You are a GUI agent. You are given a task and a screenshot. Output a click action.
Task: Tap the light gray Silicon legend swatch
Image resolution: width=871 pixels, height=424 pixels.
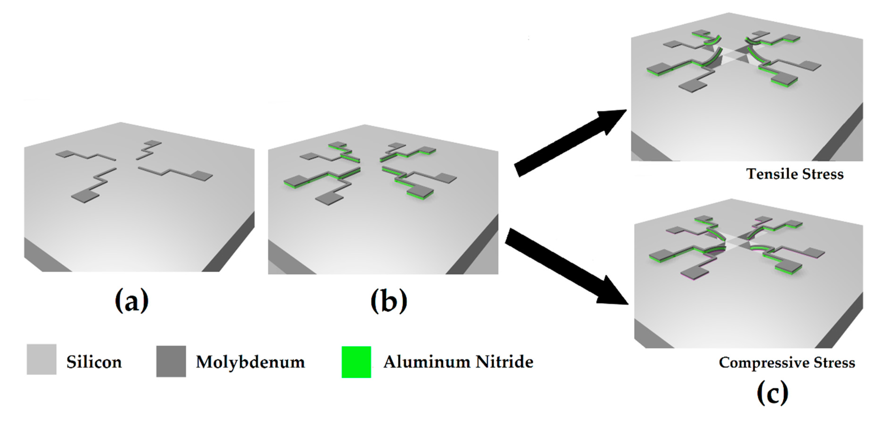coord(42,359)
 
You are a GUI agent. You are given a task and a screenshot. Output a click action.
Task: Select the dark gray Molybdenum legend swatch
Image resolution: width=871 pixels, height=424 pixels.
coord(171,361)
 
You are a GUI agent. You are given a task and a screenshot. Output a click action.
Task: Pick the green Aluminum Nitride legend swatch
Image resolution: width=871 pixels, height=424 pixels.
coord(356,362)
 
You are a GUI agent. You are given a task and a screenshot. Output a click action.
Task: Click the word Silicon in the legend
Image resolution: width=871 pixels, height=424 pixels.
coord(94,362)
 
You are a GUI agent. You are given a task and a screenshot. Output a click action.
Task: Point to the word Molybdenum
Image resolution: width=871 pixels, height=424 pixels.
coord(250,362)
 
